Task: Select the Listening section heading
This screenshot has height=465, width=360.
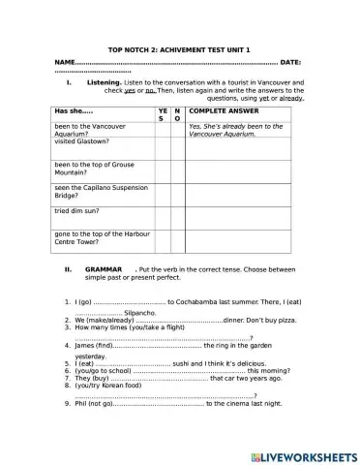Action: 104,83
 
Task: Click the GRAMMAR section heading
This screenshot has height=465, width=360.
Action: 104,268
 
